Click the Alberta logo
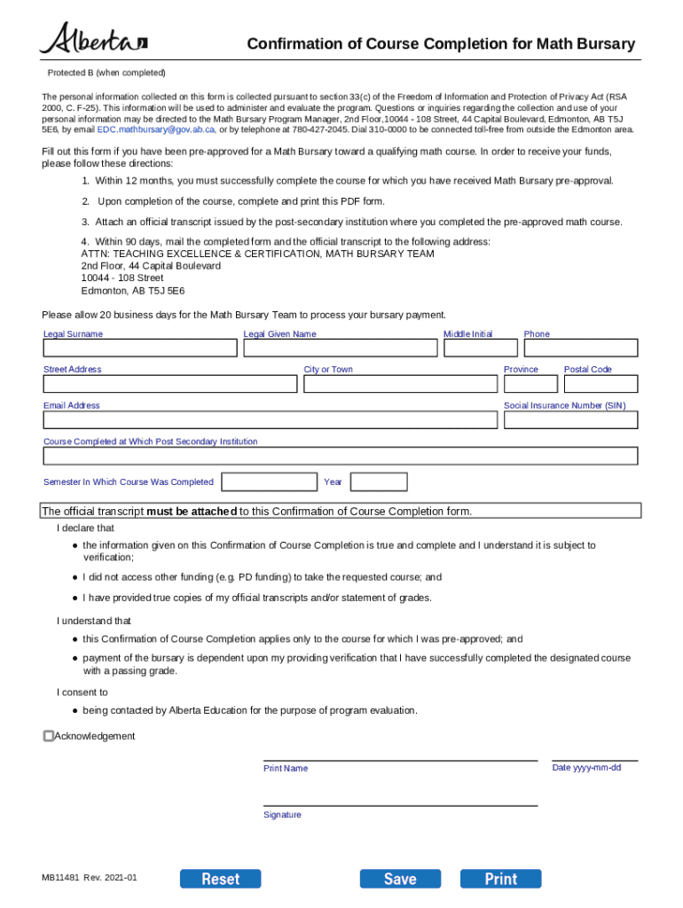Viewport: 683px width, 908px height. click(93, 40)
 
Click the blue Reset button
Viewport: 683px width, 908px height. click(221, 879)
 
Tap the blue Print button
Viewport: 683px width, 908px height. click(500, 879)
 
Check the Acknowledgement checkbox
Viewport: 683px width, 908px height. click(49, 736)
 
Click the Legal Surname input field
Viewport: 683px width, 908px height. click(140, 348)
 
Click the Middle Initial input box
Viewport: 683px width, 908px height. click(480, 348)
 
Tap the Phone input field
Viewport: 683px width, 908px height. click(580, 348)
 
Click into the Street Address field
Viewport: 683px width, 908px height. click(170, 384)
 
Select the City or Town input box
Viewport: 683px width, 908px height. click(400, 384)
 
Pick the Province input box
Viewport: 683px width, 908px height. click(530, 384)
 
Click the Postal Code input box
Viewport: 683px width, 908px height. click(601, 384)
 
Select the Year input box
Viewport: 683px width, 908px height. click(379, 482)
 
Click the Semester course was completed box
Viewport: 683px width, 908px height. click(269, 482)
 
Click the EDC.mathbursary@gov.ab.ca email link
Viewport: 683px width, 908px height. click(155, 129)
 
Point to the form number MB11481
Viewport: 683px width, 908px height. click(59, 878)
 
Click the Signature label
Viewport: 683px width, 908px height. click(282, 815)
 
